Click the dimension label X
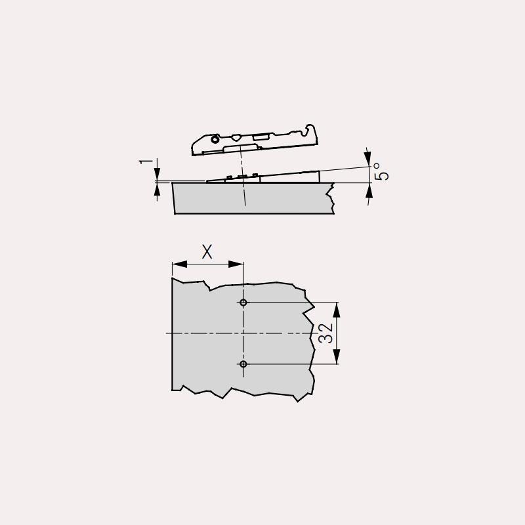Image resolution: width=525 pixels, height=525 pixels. pos(207,252)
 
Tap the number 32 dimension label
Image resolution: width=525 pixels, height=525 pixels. pos(325,333)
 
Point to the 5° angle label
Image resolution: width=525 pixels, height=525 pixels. pos(381,172)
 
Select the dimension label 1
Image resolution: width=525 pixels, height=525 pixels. pos(146,162)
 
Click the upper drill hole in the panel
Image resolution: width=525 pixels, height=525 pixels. pos(243,303)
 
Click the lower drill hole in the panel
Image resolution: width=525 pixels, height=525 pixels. pos(243,364)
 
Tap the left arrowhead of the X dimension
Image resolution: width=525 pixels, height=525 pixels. pos(179,264)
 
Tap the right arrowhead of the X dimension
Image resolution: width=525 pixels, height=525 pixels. pos(236,264)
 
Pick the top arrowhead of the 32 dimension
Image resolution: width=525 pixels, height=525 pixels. pos(337,310)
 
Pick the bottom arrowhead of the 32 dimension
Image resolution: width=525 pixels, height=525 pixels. pos(337,356)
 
